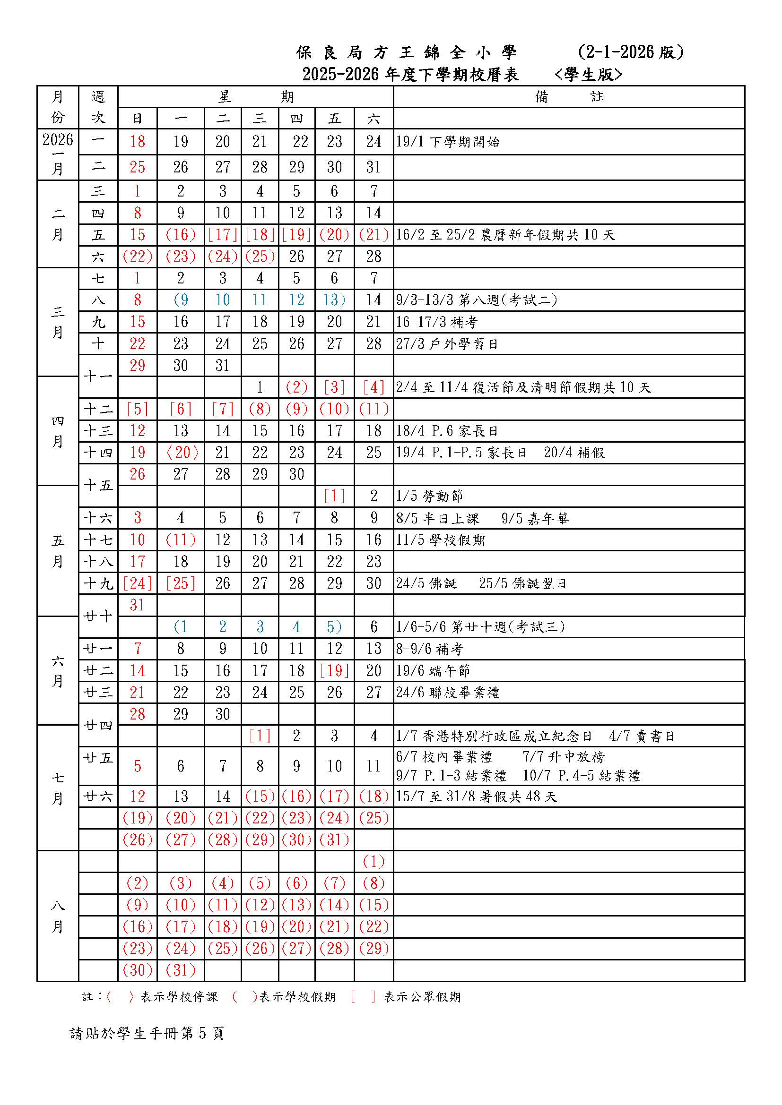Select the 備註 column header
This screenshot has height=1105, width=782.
point(569,97)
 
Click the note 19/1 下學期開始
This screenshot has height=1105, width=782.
point(448,142)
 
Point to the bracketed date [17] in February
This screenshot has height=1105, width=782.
point(223,235)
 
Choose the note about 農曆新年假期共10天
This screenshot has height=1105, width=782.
point(505,235)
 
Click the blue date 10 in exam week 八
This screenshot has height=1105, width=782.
point(223,300)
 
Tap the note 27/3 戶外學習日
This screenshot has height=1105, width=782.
point(447,344)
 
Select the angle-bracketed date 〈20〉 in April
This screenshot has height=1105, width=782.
point(181,453)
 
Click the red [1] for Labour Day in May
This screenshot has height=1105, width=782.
point(334,496)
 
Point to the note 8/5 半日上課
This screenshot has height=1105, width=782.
point(438,518)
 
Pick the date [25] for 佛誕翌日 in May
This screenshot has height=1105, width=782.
point(181,583)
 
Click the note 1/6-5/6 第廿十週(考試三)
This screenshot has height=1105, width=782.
point(480,626)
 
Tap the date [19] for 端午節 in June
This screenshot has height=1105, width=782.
point(334,670)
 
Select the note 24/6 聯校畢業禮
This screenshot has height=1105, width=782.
point(448,693)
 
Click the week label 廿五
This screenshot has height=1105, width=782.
point(98,758)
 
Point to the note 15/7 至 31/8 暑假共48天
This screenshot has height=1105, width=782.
point(476,797)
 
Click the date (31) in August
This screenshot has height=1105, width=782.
point(181,970)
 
